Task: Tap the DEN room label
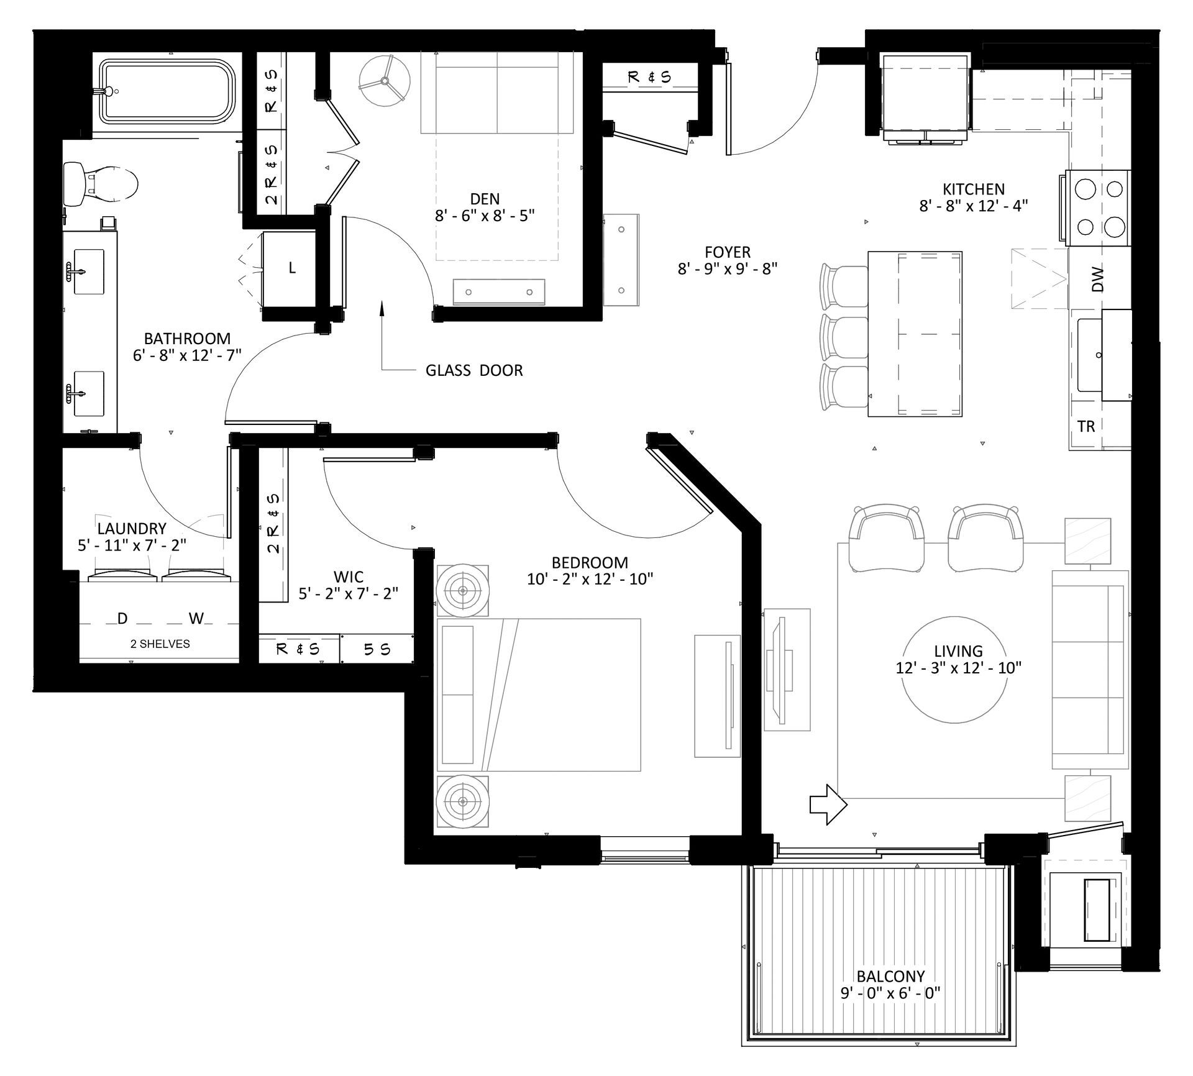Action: click(x=485, y=199)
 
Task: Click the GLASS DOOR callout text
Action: click(x=474, y=371)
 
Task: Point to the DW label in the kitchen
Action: click(x=1098, y=279)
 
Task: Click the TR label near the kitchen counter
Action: click(x=1086, y=426)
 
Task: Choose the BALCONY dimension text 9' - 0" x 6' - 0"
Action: click(x=890, y=993)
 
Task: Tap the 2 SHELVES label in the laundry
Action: click(x=160, y=644)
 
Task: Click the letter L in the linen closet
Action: click(x=292, y=268)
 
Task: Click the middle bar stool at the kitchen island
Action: click(x=844, y=336)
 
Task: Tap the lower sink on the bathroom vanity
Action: click(x=88, y=393)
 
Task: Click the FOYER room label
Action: click(x=728, y=252)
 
